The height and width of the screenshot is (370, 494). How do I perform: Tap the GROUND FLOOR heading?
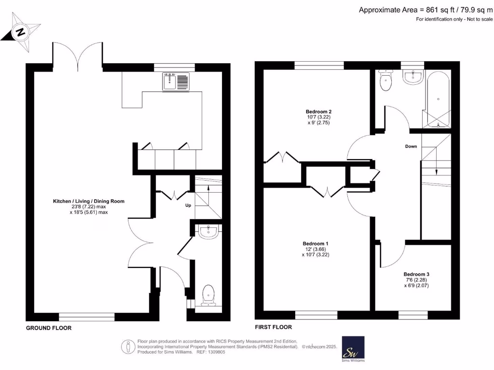[49, 328]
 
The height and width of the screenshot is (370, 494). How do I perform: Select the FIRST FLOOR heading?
[274, 327]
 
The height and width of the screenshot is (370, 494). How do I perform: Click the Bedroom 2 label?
[318, 111]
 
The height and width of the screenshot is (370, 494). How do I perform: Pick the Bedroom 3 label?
[416, 274]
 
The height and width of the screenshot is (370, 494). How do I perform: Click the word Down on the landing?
[411, 146]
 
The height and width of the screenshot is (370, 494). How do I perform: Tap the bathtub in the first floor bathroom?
[438, 99]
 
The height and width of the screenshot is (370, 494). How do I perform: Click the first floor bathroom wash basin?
[412, 77]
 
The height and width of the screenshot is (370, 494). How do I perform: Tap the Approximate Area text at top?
[425, 10]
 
